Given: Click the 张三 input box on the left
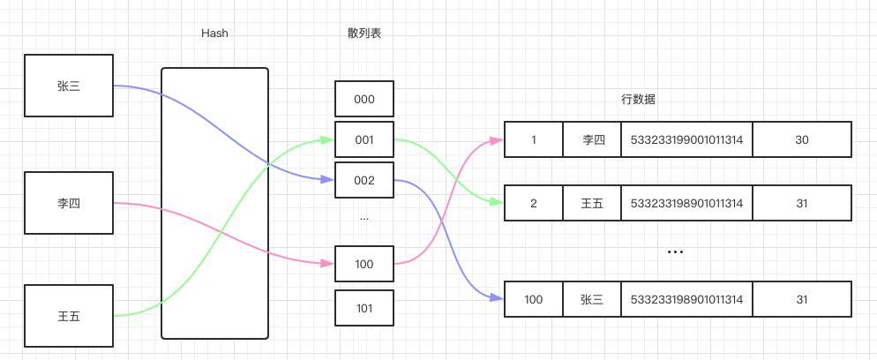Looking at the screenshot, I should (x=69, y=86).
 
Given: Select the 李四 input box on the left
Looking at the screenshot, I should (x=69, y=203).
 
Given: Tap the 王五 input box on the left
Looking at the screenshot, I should (x=69, y=315).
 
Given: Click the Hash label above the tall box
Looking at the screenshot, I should (x=214, y=34).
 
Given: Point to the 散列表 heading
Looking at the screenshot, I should (x=364, y=34).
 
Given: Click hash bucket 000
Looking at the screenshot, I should (x=364, y=99).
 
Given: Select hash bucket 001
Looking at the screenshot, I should (x=364, y=139).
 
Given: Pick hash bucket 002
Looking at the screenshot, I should (x=364, y=180).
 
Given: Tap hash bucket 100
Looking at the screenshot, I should (x=364, y=264).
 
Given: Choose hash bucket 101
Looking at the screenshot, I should (x=364, y=308).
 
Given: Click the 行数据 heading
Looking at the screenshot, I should (x=638, y=99).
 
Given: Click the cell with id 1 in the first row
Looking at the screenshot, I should (x=534, y=139).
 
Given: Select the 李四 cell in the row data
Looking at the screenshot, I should (x=592, y=139).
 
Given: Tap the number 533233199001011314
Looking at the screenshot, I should (x=686, y=139).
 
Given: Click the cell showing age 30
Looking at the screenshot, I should (x=802, y=139).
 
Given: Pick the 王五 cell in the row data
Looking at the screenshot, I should (x=592, y=203).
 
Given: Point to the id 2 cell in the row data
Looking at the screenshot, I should (x=534, y=203).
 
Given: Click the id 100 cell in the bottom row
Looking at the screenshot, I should (x=534, y=299).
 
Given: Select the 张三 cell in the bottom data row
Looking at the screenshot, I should (x=592, y=299).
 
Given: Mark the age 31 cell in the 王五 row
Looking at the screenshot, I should (x=802, y=203).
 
